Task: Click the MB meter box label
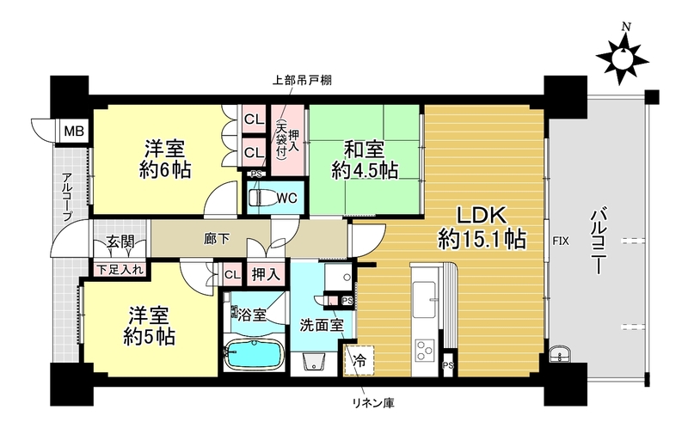click(74, 131)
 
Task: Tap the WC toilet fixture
click(261, 198)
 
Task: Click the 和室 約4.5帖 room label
click(364, 160)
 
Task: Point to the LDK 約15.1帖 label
click(482, 227)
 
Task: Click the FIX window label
click(561, 241)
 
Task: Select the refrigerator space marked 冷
click(359, 360)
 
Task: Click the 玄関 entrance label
click(120, 242)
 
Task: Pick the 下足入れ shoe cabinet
click(120, 269)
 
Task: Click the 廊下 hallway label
click(217, 239)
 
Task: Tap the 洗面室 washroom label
click(322, 325)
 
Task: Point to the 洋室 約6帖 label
click(165, 159)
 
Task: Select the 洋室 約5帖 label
click(149, 326)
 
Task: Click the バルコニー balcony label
click(599, 242)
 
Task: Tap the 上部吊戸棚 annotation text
click(302, 81)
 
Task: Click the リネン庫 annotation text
click(374, 402)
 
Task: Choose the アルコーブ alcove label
click(67, 197)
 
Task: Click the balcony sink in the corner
click(560, 353)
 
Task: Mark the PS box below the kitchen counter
click(448, 365)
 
